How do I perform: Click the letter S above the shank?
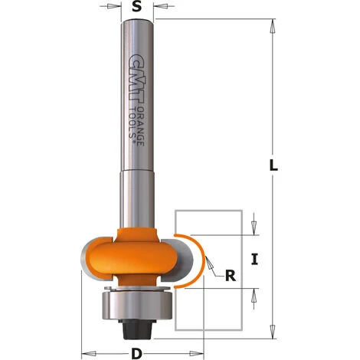(x=136, y=7)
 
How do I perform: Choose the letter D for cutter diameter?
(x=136, y=354)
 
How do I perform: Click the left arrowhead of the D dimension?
(x=85, y=354)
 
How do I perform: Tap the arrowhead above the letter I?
(x=255, y=229)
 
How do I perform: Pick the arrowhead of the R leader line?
(x=207, y=265)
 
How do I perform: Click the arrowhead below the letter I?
(x=255, y=292)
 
